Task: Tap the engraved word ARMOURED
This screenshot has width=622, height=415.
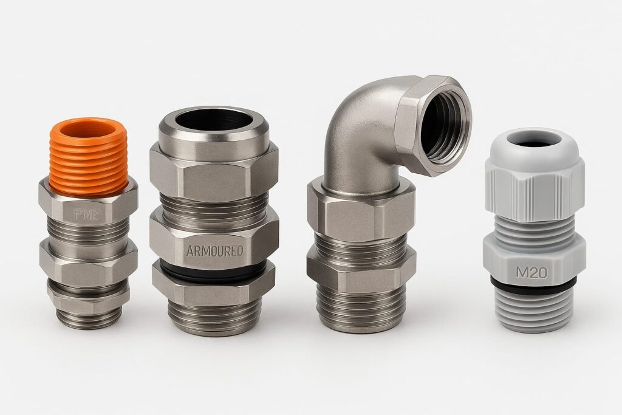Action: [x=214, y=250]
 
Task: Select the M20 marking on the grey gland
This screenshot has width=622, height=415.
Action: [x=531, y=273]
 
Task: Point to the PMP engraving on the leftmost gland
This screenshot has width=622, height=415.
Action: [x=87, y=214]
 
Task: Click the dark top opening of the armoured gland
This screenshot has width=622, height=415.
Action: [x=214, y=120]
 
